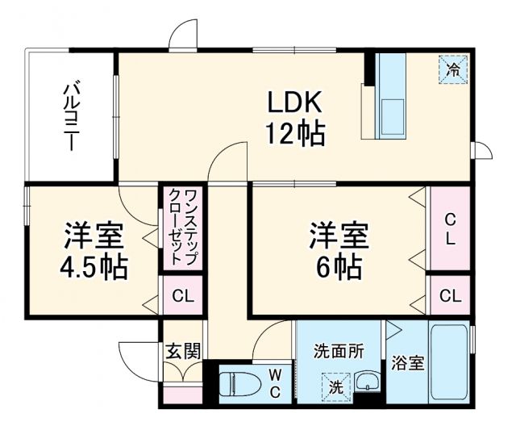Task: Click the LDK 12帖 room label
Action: coord(295,118)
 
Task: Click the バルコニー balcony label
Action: coord(71,116)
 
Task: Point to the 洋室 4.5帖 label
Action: coord(95,250)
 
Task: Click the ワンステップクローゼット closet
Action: coord(184,228)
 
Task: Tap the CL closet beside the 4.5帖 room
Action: coord(183,296)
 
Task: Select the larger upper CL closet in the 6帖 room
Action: coord(450,229)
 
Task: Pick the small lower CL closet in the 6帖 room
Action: coord(450,296)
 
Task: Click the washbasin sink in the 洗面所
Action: coord(367,383)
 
